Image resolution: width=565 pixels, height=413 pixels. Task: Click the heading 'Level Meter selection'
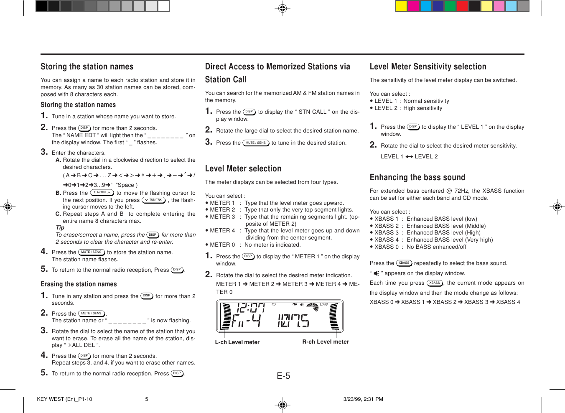click(x=243, y=169)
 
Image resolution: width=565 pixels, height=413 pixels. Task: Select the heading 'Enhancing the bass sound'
click(x=417, y=178)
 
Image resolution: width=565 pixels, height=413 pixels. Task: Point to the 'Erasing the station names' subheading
click(x=79, y=284)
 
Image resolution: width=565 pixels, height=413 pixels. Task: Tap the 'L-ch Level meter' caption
click(x=237, y=342)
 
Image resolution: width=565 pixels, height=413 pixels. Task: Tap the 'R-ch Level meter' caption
click(x=326, y=342)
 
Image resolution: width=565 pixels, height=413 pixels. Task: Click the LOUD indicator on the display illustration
click(x=324, y=304)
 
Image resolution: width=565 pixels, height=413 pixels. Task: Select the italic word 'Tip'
click(x=60, y=228)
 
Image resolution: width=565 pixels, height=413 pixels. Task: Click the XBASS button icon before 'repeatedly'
click(x=404, y=263)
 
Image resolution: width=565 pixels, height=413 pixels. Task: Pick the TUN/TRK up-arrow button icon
click(x=102, y=193)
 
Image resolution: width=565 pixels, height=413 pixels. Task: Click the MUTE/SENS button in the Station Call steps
click(x=256, y=143)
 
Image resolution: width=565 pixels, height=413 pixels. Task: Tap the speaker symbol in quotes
click(x=376, y=273)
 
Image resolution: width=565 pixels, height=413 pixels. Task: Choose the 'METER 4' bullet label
click(x=222, y=231)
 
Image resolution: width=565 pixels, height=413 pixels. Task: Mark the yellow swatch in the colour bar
click(x=401, y=6)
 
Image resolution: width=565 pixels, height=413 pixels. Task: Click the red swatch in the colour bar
click(x=462, y=6)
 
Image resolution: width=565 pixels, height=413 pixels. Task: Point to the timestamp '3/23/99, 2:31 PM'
click(x=363, y=399)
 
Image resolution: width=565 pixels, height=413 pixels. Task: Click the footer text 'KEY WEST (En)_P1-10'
click(x=64, y=399)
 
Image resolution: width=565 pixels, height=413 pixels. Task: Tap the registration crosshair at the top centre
click(x=282, y=8)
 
